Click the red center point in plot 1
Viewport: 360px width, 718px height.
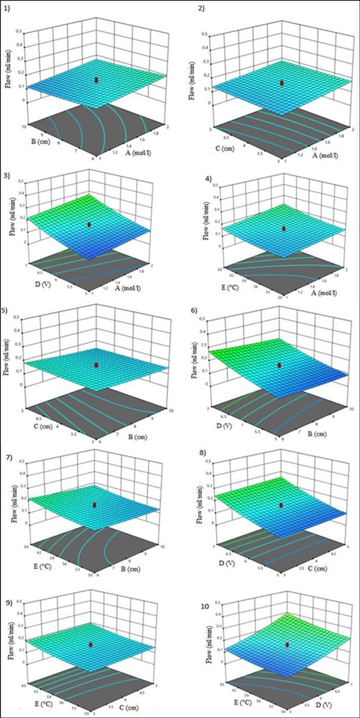(97, 80)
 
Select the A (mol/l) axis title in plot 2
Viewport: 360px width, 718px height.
(325, 155)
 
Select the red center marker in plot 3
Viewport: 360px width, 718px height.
(89, 224)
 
